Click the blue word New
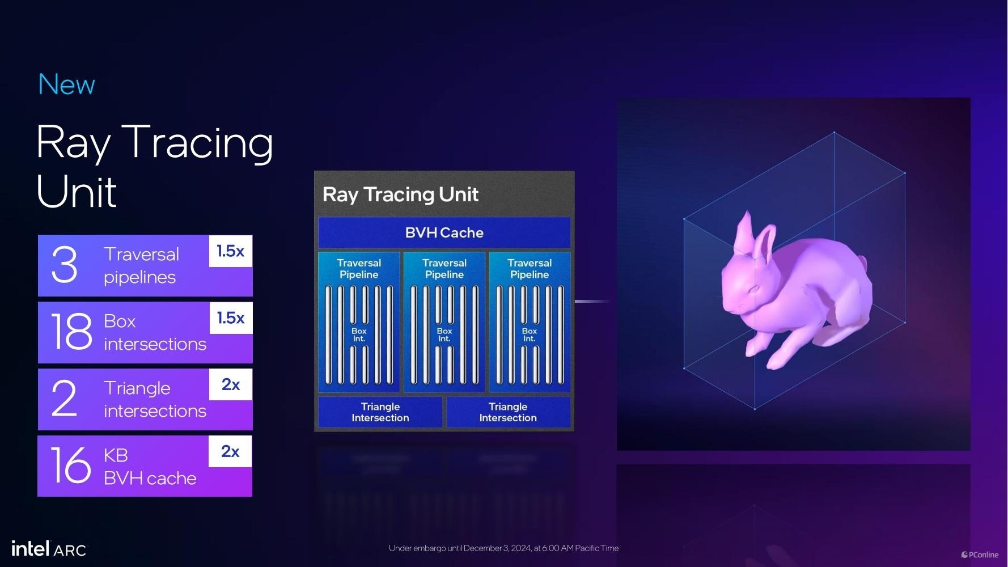click(66, 85)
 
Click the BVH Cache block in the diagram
click(444, 232)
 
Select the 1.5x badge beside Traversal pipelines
click(231, 251)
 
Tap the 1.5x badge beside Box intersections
click(231, 318)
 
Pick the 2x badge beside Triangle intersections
click(231, 384)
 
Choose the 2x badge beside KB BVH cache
click(230, 451)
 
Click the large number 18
click(71, 332)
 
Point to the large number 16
click(71, 466)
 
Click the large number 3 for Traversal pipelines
click(64, 264)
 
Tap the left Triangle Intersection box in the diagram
click(380, 412)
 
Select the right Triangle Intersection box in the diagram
click(508, 412)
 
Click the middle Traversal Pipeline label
click(444, 269)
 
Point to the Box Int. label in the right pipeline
click(530, 335)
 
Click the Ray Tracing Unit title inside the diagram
click(400, 194)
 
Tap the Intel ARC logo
click(49, 549)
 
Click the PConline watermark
click(980, 555)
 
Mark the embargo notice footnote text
click(503, 548)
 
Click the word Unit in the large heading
click(77, 192)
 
